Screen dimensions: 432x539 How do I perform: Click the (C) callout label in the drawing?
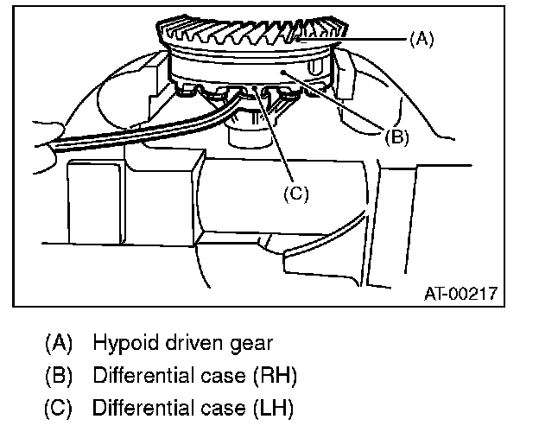296,194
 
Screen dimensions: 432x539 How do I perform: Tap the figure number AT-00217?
460,293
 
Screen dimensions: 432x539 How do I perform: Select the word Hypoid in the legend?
123,344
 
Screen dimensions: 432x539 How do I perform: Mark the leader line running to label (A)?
363,39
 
